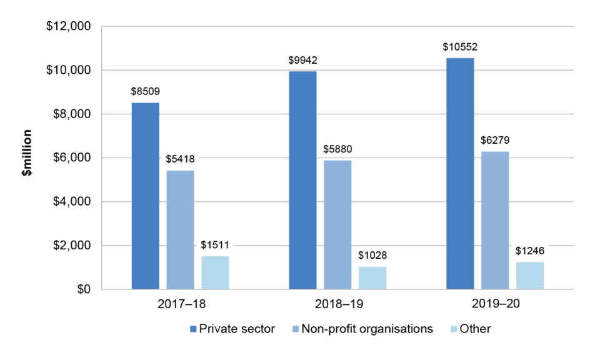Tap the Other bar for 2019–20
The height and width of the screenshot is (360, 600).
tap(530, 276)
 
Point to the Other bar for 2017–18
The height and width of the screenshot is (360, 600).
tap(215, 272)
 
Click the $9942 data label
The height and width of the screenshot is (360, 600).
tap(302, 60)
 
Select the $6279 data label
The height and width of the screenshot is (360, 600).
tap(495, 140)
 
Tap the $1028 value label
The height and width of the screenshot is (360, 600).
tap(372, 255)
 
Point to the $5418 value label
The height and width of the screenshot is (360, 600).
tap(180, 159)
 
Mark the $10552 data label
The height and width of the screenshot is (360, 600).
tap(460, 46)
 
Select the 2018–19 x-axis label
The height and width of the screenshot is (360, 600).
tap(337, 305)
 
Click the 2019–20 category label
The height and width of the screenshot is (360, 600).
tap(495, 305)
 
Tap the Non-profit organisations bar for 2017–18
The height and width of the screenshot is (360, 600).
tap(180, 229)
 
